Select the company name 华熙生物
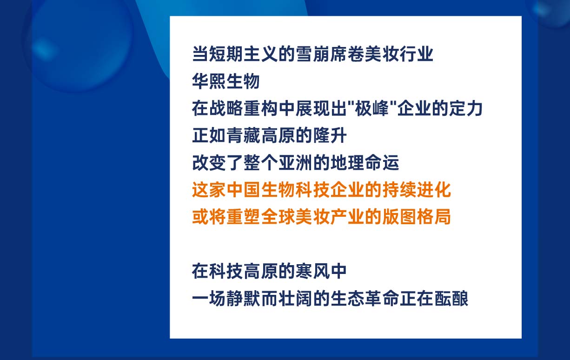pyautogui.click(x=226, y=81)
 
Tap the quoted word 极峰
pyautogui.click(x=372, y=108)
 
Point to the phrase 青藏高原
pyautogui.click(x=261, y=135)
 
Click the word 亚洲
pyautogui.click(x=296, y=163)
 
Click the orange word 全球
pyautogui.click(x=278, y=217)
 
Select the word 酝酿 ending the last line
pyautogui.click(x=451, y=299)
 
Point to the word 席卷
pyautogui.click(x=347, y=54)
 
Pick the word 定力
pyautogui.click(x=466, y=108)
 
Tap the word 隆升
pyautogui.click(x=330, y=135)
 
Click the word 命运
pyautogui.click(x=382, y=163)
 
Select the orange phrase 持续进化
pyautogui.click(x=417, y=190)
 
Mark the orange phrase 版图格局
pyautogui.click(x=417, y=217)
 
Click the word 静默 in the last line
pyautogui.click(x=244, y=299)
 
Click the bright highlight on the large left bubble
pyautogui.click(x=44, y=48)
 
